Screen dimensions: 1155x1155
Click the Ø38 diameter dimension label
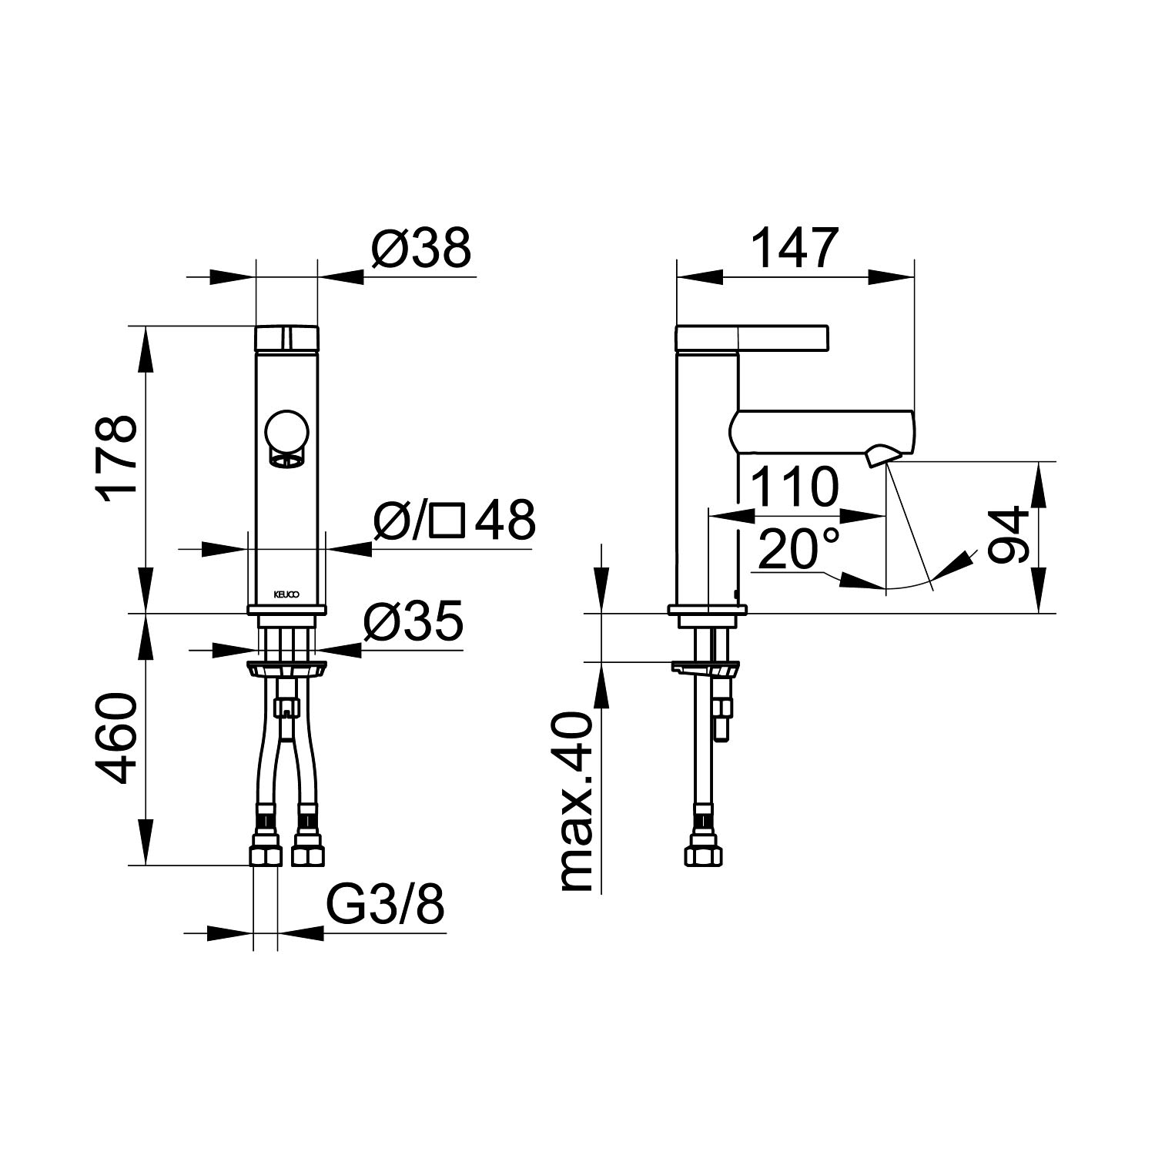click(420, 249)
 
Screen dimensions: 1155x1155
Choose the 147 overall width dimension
click(794, 248)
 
